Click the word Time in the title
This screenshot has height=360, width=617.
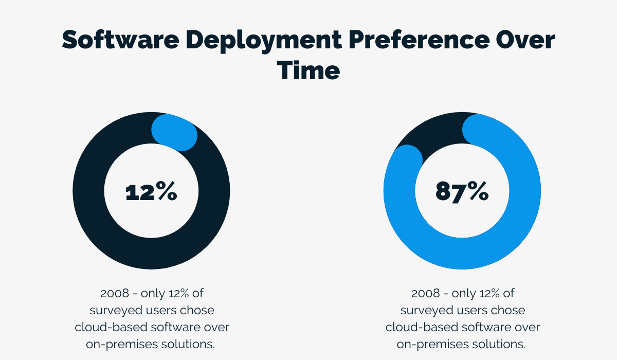tap(308, 70)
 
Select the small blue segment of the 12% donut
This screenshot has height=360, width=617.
tap(175, 132)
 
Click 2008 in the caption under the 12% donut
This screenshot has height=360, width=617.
tap(114, 294)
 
